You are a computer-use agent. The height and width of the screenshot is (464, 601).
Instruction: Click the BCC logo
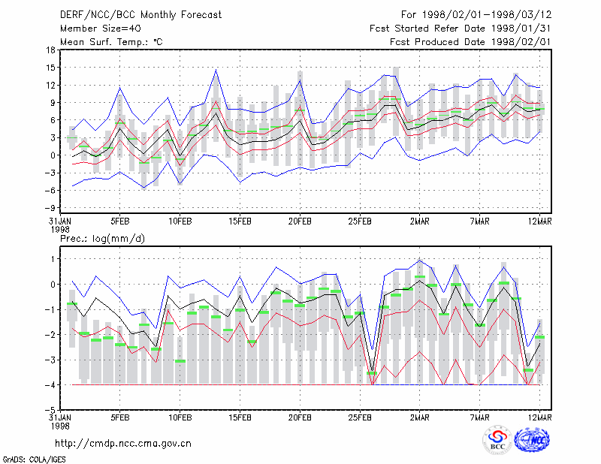pos(497,441)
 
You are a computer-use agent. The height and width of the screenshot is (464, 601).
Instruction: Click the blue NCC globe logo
pos(532,440)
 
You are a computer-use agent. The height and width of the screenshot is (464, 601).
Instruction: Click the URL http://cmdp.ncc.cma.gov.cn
pos(123,444)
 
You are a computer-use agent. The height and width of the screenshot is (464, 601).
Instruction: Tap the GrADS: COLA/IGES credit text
pos(34,459)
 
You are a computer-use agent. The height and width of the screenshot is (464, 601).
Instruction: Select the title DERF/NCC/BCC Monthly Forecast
pos(140,15)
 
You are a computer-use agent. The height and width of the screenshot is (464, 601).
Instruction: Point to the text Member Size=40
pos(101,29)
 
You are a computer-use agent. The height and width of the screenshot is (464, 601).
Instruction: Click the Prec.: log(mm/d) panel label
pos(102,239)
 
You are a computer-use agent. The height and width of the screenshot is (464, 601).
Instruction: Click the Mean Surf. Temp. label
pos(111,42)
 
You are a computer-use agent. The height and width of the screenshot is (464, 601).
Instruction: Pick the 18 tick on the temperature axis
pos(50,50)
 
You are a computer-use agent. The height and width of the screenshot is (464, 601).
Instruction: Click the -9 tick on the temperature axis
pos(50,208)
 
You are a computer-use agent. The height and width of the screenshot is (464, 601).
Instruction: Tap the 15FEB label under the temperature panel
pos(240,221)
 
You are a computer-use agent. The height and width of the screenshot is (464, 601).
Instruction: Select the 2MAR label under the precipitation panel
pos(420,417)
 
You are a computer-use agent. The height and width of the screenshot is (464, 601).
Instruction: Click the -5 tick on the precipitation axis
pos(50,410)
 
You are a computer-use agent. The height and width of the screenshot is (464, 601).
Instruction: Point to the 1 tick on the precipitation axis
pos(53,259)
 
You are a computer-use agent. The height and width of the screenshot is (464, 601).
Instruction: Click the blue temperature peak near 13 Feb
pos(216,70)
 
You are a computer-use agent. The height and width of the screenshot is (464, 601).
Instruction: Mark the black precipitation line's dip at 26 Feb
pos(372,371)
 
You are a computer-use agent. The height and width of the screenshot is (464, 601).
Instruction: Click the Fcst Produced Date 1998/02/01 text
pos(470,42)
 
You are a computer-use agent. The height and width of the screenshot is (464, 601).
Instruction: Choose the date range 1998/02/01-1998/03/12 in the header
pos(487,15)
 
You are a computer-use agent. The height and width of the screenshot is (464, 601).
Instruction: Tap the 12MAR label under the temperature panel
pos(540,221)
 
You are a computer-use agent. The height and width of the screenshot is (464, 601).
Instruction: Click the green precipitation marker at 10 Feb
pos(180,361)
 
